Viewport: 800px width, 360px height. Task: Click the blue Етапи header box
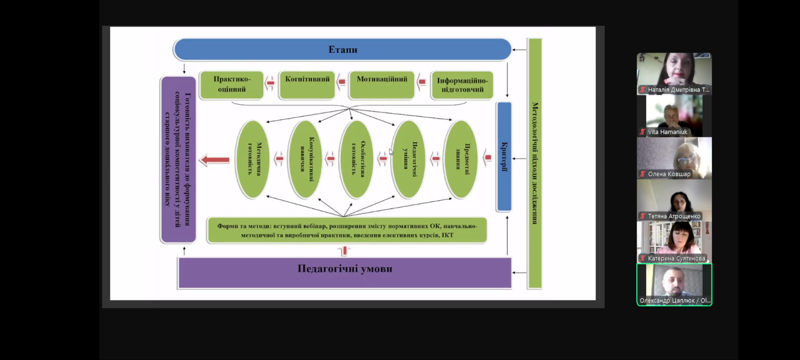click(x=342, y=50)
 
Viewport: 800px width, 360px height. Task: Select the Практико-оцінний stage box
click(x=232, y=85)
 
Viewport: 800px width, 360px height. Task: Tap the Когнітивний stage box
click(x=307, y=85)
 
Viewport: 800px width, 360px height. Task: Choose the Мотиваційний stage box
click(x=382, y=85)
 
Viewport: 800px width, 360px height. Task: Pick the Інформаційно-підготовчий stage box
click(x=462, y=85)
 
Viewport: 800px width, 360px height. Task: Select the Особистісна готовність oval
click(x=357, y=159)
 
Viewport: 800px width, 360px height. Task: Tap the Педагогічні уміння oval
click(x=409, y=159)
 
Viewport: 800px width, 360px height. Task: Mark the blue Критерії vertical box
click(x=504, y=157)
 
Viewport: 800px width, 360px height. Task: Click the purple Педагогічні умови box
click(x=345, y=272)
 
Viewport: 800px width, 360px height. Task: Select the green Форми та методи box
click(x=347, y=230)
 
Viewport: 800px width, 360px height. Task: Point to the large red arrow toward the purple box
click(x=215, y=160)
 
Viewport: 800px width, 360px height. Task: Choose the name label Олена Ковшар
click(x=669, y=174)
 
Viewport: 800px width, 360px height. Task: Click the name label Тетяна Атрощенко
click(x=674, y=216)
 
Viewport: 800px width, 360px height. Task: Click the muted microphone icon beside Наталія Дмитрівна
click(x=642, y=90)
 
